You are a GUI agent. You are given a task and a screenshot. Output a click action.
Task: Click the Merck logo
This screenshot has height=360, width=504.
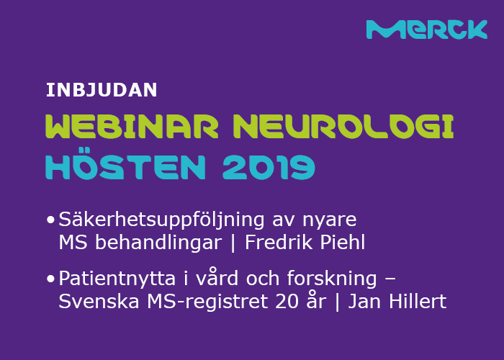[426, 30]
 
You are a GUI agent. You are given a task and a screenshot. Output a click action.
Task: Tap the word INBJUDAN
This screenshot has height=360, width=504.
[102, 90]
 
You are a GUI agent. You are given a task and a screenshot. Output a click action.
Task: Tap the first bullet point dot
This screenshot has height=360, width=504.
[50, 219]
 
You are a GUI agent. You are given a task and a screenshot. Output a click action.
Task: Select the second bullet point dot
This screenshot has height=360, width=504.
[50, 279]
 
